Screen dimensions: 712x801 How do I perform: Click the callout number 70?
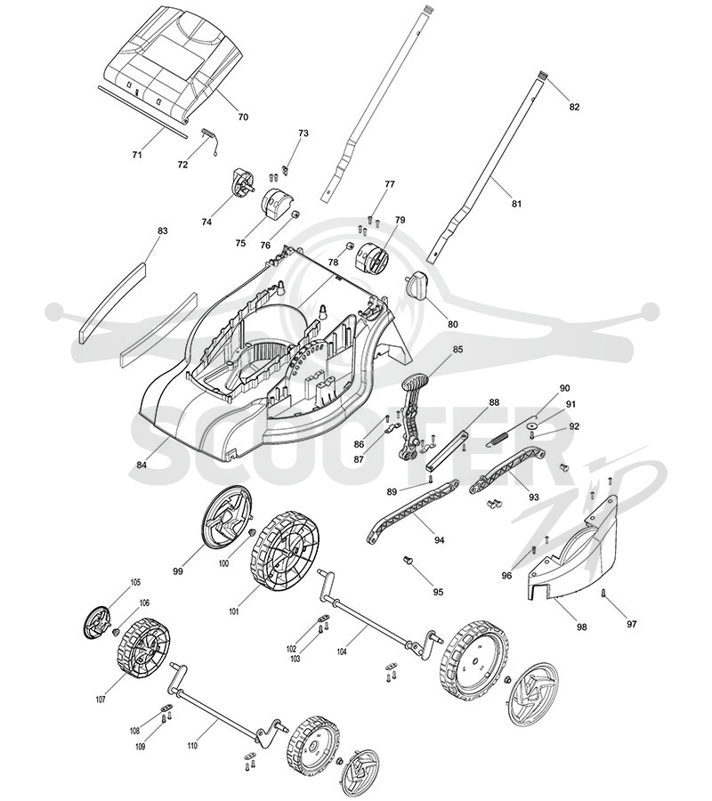tap(243, 117)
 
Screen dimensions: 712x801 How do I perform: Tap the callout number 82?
tap(575, 107)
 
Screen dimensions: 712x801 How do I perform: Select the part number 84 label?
tap(142, 465)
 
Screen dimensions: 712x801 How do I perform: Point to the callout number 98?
tap(582, 627)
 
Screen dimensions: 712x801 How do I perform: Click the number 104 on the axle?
tap(343, 651)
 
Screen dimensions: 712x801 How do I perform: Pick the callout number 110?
tap(192, 746)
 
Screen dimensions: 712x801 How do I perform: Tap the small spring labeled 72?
tap(210, 140)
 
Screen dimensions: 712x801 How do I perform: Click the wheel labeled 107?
tap(143, 648)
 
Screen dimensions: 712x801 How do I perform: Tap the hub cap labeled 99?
tap(227, 517)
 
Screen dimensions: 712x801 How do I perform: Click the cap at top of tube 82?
tap(542, 77)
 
